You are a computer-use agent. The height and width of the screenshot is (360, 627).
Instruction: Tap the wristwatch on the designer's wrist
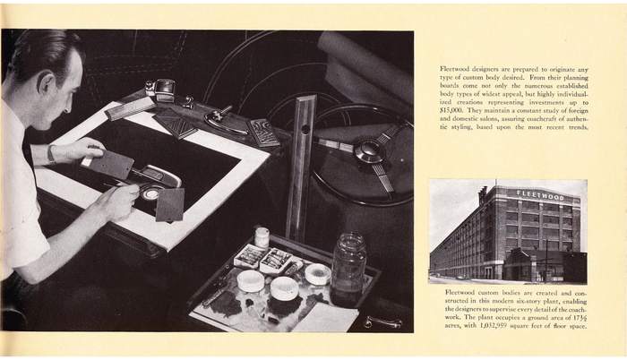(x=51, y=154)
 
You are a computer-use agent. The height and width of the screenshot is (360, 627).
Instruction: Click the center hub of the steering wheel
(x=365, y=150)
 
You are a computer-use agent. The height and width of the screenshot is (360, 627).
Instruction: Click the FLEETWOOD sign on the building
(x=540, y=195)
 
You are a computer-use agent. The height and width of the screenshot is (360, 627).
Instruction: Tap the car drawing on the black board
(x=156, y=181)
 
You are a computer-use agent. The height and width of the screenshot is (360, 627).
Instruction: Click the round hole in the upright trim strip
(x=305, y=130)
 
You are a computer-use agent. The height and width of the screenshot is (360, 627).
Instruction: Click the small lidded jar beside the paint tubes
(x=262, y=237)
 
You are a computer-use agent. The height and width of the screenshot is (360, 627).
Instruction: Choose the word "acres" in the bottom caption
(x=452, y=326)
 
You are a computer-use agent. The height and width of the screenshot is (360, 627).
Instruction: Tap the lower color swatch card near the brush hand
(x=170, y=205)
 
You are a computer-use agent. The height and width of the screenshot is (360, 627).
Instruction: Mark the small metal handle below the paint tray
(x=382, y=321)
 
